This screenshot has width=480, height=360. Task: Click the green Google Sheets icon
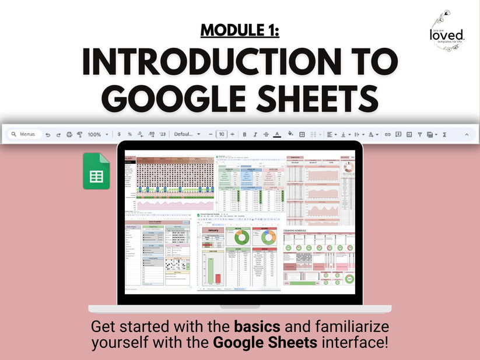(x=96, y=171)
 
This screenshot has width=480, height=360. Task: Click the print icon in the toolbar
(x=69, y=134)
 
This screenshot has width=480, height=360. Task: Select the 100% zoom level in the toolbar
(x=94, y=134)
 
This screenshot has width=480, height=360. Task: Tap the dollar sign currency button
(x=120, y=134)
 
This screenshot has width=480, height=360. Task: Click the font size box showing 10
(x=221, y=134)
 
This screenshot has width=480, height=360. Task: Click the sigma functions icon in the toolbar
(x=444, y=134)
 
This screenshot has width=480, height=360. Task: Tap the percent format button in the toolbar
(x=129, y=134)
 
